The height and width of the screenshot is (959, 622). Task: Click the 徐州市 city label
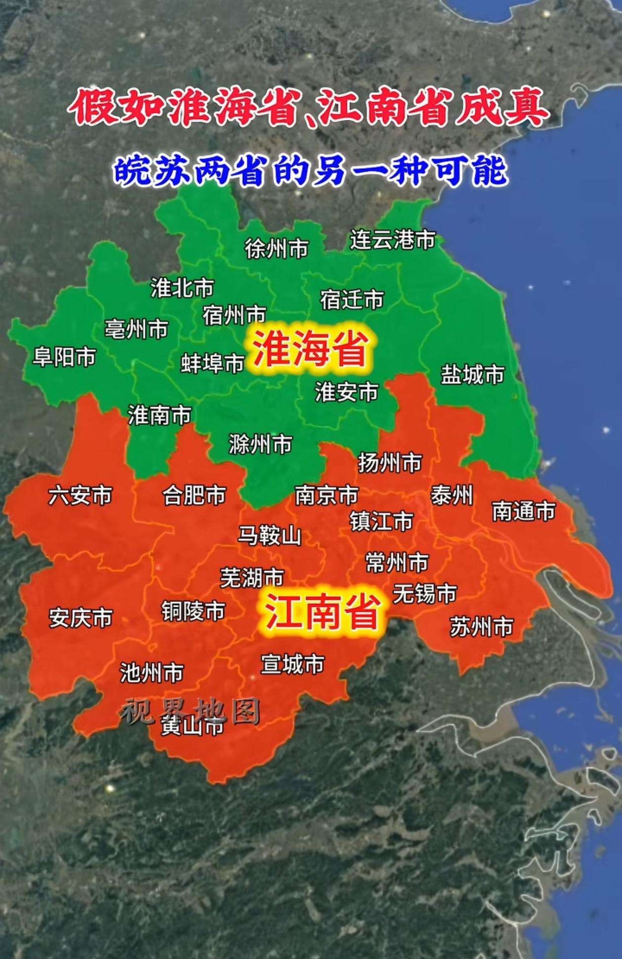click(276, 248)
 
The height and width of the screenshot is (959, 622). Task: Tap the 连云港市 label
click(392, 240)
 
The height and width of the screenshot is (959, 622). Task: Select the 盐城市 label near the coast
click(472, 374)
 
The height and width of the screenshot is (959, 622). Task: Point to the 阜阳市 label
click(64, 357)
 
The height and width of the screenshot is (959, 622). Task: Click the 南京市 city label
click(326, 495)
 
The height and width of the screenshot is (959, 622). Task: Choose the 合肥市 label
click(194, 495)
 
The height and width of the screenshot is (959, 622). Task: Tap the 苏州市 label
click(481, 627)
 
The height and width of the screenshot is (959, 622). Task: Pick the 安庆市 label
click(80, 618)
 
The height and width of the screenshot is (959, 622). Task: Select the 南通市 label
click(523, 511)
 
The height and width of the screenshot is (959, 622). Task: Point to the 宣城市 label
click(292, 664)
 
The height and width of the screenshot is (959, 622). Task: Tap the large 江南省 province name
click(323, 612)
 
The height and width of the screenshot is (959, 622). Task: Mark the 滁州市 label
click(260, 444)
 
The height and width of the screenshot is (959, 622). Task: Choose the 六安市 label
click(80, 495)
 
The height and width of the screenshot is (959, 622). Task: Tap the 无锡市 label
click(425, 593)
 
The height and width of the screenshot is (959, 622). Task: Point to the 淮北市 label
click(182, 288)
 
